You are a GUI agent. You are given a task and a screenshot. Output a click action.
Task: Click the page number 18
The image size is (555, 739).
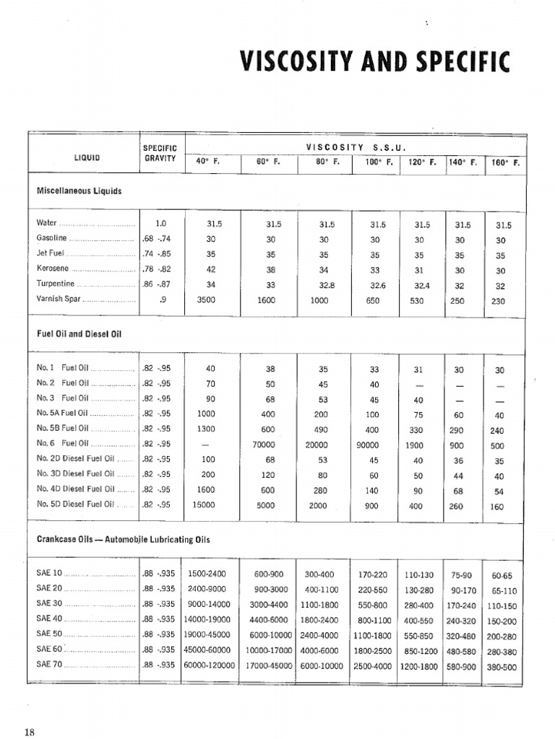[29, 732]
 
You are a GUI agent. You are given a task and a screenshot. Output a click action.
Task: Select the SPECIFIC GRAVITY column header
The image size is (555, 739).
[160, 153]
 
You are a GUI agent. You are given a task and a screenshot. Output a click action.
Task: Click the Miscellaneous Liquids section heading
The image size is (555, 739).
[79, 191]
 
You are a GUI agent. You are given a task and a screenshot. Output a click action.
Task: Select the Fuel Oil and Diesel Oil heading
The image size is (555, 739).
[79, 334]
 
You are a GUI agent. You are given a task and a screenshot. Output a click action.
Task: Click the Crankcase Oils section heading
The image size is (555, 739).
[122, 539]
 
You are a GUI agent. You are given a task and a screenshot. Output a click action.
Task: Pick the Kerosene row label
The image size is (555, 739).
[54, 268]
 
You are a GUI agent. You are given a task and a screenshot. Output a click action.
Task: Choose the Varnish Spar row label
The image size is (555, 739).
[59, 298]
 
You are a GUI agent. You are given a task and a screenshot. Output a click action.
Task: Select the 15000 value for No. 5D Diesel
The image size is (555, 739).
[206, 505]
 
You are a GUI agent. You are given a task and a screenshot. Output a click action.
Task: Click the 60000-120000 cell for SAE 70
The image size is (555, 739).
[209, 666]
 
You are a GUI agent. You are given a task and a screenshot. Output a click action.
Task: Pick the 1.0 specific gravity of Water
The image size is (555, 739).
[160, 224]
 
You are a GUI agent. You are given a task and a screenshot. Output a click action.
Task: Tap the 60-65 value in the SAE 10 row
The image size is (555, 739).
[502, 576]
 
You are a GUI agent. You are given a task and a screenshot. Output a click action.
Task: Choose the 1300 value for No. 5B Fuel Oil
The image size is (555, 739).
[206, 429]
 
